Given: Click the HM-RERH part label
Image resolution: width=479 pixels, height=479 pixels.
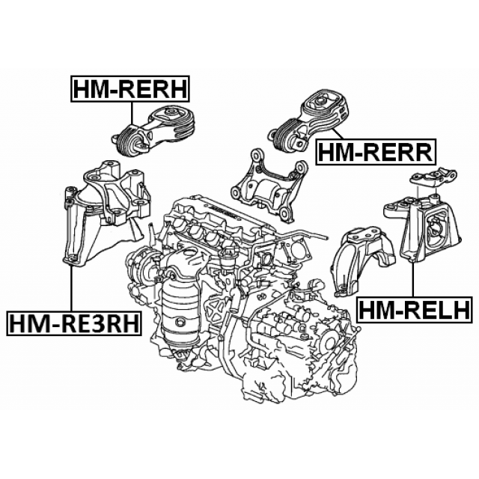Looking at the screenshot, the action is click(x=130, y=88).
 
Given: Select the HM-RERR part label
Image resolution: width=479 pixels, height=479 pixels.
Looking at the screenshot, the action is click(x=376, y=152).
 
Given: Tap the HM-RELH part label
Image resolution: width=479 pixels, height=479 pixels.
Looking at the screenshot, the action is click(x=415, y=309).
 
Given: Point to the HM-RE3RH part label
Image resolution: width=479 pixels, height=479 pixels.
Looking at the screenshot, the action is click(x=74, y=323).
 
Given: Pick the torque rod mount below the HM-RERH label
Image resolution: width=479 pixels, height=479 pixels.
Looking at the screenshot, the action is click(x=155, y=132).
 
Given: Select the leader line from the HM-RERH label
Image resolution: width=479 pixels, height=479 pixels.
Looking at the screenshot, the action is click(x=132, y=113).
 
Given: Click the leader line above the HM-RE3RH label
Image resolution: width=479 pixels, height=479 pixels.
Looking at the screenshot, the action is click(x=72, y=288).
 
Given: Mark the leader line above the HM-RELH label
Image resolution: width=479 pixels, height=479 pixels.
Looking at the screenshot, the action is click(x=413, y=279).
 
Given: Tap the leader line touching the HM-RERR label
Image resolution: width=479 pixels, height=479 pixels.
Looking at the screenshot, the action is click(x=338, y=134).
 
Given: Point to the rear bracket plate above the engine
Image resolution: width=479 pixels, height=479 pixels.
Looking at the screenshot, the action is click(x=269, y=184).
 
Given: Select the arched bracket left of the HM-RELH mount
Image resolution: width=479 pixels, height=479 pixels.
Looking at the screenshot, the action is click(x=361, y=260).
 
